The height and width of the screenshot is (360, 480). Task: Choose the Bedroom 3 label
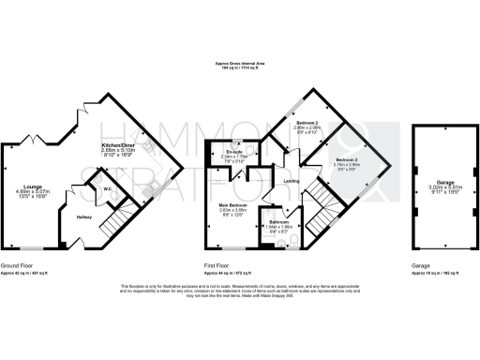[307, 124]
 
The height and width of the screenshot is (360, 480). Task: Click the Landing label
[292, 182]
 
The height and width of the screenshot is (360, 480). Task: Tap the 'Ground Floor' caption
[17, 264]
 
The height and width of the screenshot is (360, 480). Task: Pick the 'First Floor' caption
[219, 264]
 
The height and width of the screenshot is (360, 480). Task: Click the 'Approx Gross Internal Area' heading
[239, 63]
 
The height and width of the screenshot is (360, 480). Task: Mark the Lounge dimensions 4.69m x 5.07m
[31, 192]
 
